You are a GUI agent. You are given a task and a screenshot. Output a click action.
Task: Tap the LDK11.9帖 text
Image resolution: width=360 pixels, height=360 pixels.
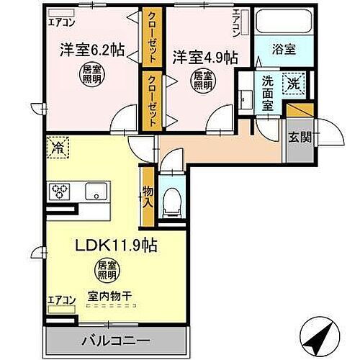tap(117, 245)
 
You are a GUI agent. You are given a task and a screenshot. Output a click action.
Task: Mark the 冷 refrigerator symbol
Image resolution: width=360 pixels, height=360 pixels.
tap(58, 148)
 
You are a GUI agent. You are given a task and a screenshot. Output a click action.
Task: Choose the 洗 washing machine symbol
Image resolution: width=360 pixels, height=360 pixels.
tap(294, 84)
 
